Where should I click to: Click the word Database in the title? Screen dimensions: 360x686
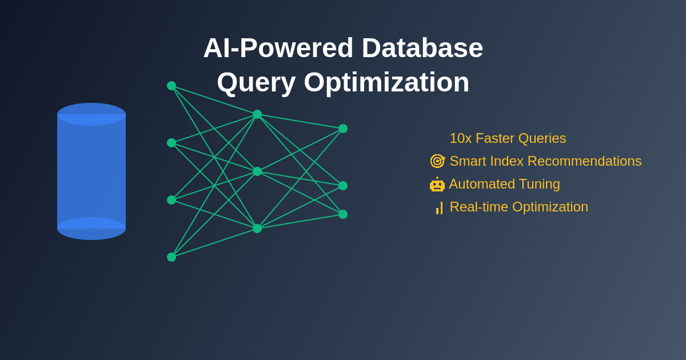422,48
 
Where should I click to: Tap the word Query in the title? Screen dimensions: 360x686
256,82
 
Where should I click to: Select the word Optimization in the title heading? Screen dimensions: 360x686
386,82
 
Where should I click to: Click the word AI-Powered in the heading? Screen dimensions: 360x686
278,48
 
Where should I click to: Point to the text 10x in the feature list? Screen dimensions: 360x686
460,138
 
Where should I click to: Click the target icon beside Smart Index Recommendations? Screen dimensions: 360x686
437,161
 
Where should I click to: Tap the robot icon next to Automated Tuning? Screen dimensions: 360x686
437,185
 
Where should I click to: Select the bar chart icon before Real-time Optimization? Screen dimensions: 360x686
439,208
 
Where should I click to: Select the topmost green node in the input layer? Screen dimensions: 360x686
171,86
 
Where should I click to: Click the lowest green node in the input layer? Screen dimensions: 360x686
171,257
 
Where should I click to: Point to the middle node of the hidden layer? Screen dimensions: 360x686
257,171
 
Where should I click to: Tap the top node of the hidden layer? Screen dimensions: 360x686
257,114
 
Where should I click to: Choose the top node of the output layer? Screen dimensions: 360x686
343,129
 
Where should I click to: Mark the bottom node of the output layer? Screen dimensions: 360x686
343,214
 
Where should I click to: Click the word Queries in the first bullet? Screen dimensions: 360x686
542,138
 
